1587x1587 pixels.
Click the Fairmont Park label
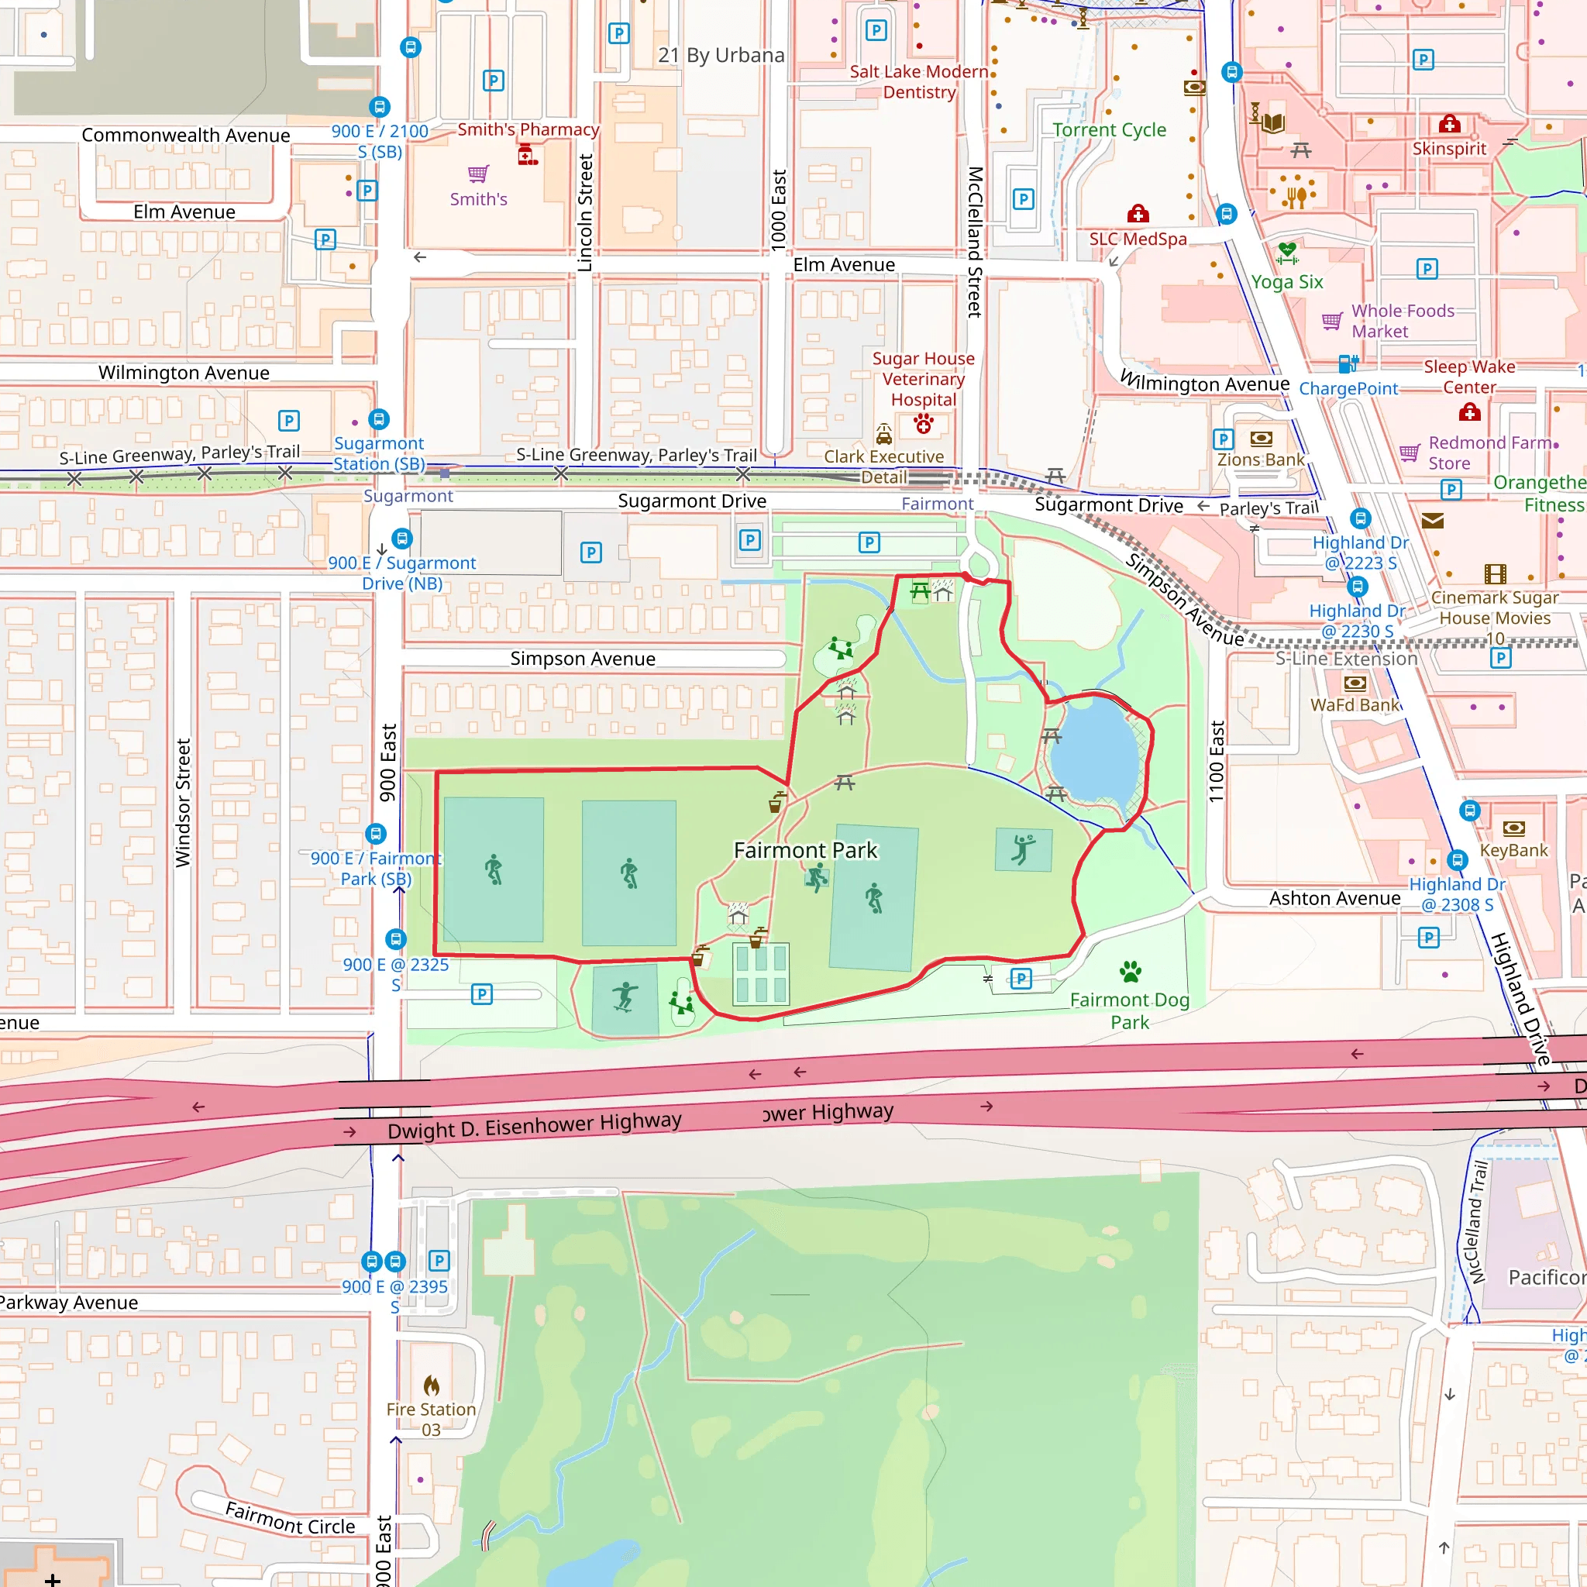[x=805, y=850]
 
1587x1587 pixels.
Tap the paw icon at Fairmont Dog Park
[x=1131, y=972]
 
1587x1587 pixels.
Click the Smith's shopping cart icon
[x=478, y=174]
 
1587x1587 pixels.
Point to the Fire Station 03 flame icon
[x=432, y=1386]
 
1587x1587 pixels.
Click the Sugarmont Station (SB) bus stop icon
[x=379, y=420]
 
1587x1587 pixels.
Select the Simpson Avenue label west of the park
[x=583, y=659]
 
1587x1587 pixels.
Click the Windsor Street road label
[x=182, y=803]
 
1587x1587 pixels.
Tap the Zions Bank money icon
[x=1261, y=439]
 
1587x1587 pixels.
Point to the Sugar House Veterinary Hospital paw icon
[x=923, y=424]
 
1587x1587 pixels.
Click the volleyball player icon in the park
[x=1023, y=849]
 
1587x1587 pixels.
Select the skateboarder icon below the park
[x=625, y=997]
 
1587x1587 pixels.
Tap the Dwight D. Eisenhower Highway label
[x=534, y=1126]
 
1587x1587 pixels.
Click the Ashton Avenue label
[x=1334, y=899]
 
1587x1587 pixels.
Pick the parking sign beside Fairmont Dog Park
[x=1021, y=979]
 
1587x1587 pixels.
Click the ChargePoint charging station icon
[x=1347, y=363]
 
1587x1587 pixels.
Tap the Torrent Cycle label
[x=1109, y=129]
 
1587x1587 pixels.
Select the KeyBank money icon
[x=1513, y=828]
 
